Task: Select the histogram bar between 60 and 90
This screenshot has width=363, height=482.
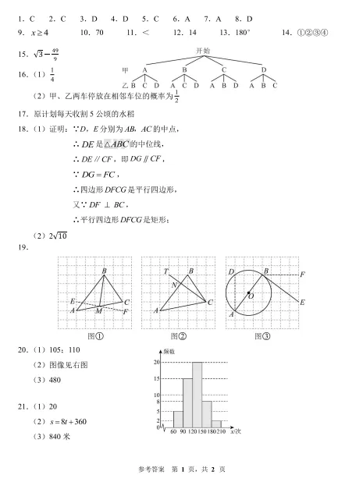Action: (178, 419)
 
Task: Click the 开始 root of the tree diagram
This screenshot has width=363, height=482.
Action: (202, 51)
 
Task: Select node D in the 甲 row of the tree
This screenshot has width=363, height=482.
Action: (263, 69)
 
